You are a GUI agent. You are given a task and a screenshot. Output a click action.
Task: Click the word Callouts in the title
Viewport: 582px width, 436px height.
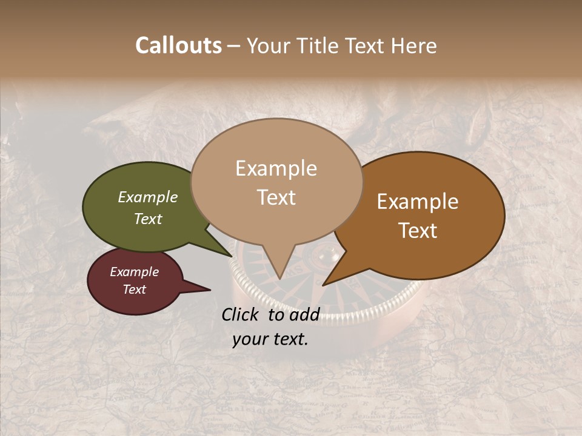(178, 45)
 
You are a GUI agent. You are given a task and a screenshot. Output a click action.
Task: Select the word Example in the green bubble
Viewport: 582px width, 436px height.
(147, 197)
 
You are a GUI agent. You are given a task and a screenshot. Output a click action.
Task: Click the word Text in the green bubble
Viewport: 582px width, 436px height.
(147, 219)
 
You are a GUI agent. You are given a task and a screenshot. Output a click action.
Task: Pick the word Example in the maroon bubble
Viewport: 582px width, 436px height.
(134, 272)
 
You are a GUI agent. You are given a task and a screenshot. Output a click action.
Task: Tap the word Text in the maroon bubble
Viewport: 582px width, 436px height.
(134, 289)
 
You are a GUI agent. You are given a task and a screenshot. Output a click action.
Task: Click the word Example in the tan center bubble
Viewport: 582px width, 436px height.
(276, 168)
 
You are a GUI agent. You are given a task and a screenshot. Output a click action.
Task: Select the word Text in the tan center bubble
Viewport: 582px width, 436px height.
(276, 197)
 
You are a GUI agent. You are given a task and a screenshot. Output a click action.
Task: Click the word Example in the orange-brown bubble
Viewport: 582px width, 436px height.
(418, 202)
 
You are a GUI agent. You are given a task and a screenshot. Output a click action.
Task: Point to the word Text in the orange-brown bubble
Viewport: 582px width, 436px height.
(418, 231)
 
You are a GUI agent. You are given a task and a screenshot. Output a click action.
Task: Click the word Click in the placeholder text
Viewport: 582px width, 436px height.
(241, 314)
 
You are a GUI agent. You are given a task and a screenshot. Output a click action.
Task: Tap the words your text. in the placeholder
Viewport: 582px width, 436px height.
(270, 339)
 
